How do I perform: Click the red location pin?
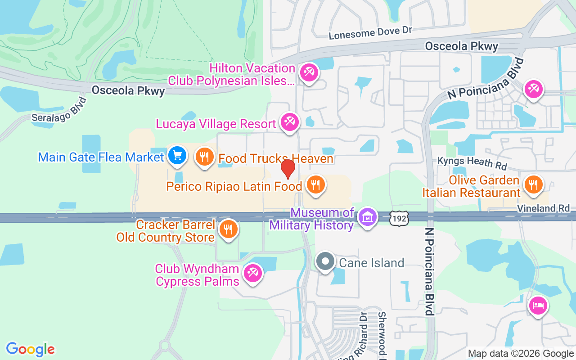tap(288, 169)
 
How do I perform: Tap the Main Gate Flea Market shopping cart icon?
tap(177, 156)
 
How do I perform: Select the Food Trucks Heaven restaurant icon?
tap(205, 157)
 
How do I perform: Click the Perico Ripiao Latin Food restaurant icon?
tap(316, 184)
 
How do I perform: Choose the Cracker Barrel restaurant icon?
tap(229, 229)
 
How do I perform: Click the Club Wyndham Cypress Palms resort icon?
tap(252, 273)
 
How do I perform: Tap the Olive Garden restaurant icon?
tap(533, 184)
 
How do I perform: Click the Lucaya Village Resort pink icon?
tap(289, 122)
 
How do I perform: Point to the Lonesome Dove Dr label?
tap(370, 32)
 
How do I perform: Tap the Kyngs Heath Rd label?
tap(472, 163)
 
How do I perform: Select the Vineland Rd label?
tap(543, 208)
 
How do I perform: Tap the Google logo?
tap(30, 349)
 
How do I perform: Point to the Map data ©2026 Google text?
tap(521, 354)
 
